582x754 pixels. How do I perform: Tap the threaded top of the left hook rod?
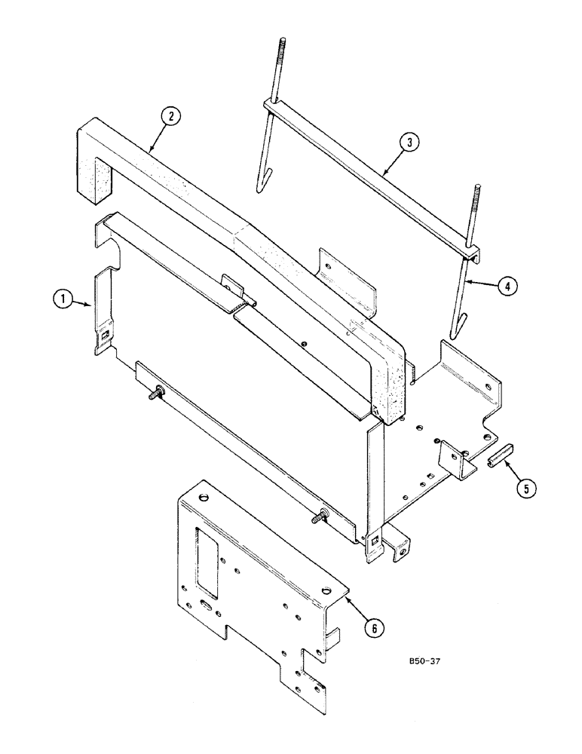coord(282,53)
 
